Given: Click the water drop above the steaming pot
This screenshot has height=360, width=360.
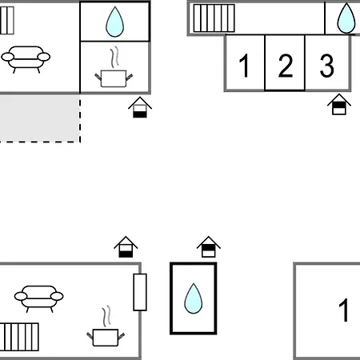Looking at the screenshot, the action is click(114, 22).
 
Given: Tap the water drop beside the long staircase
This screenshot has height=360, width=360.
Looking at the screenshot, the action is click(346, 18).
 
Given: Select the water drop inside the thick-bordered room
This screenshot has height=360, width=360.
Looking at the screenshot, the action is click(194, 298).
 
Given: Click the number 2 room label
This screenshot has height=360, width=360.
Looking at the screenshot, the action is click(286, 66).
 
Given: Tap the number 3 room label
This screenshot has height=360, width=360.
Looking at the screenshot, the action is click(326, 66).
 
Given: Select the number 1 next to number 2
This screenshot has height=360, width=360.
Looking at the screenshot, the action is click(244, 66).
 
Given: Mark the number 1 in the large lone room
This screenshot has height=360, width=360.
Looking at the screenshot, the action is click(344, 310).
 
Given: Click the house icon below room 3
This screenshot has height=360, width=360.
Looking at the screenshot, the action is click(339, 104).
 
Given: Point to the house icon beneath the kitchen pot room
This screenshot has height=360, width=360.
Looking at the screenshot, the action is click(140, 107).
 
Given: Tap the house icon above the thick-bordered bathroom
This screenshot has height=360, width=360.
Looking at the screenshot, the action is click(209, 246).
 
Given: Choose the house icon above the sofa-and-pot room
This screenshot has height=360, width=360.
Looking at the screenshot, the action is click(126, 246).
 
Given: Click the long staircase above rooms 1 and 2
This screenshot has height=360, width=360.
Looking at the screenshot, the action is click(214, 18).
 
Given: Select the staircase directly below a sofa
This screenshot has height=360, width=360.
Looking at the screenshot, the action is click(19, 337).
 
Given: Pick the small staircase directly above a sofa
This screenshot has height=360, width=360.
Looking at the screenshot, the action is click(7, 21).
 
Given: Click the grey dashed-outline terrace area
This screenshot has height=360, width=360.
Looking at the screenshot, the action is click(40, 118).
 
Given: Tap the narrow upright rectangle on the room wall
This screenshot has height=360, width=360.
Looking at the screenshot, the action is click(140, 292).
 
